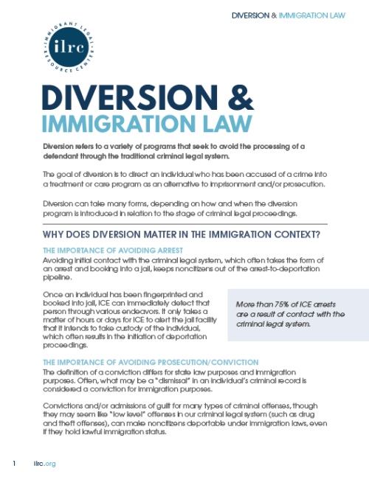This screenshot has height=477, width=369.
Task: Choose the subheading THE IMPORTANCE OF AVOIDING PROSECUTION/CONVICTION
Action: tap(151, 363)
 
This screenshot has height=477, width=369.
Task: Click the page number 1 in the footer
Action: tap(14, 463)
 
